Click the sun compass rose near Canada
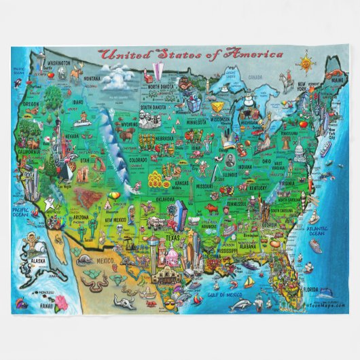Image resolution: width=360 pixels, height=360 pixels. click(307, 64)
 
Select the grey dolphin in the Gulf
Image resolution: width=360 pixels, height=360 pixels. click(240, 305)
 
